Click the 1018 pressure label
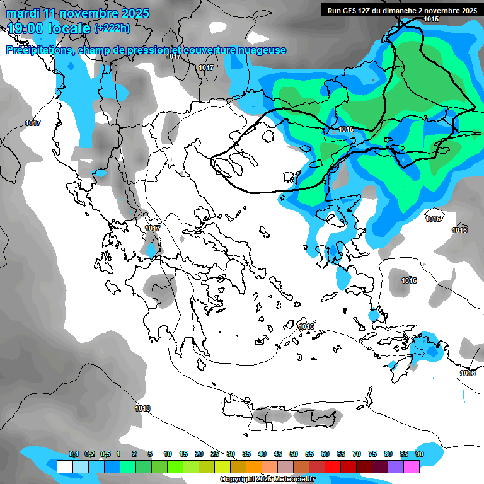click(x=142, y=409)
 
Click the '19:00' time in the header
click(x=25, y=28)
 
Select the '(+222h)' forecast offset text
click(x=112, y=28)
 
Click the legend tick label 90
click(x=419, y=454)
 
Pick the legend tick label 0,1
click(x=74, y=454)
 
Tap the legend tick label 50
click(x=294, y=454)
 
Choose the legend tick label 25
click(x=215, y=454)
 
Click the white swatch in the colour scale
click(x=64, y=466)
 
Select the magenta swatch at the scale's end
click(x=411, y=466)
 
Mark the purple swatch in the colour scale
click(x=395, y=466)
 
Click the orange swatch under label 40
click(x=253, y=466)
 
